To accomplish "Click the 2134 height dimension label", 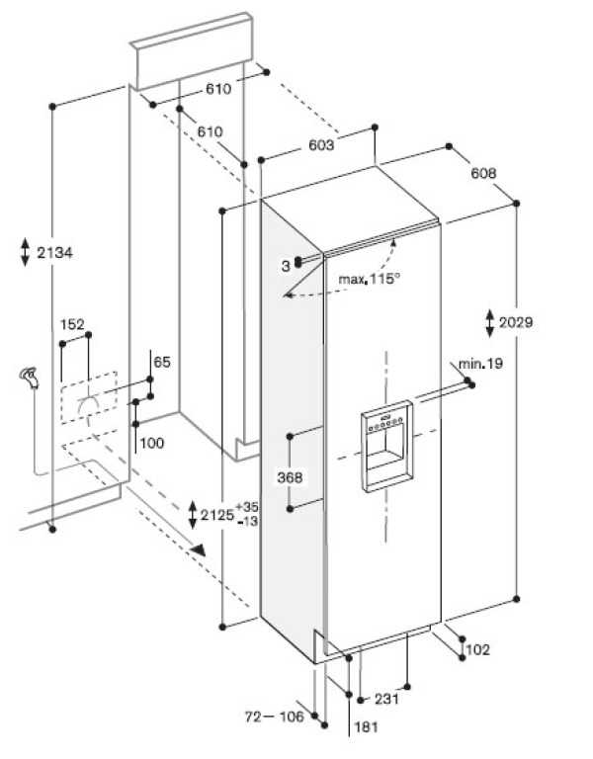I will [55, 252].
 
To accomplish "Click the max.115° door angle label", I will [370, 280].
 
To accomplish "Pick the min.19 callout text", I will [485, 364].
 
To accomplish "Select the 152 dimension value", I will [73, 324].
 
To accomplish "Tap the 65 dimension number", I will [162, 363].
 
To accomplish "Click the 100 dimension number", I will [151, 443].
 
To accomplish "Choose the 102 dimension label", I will [477, 650].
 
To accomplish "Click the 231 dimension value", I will [386, 699].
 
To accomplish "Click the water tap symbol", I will [30, 378].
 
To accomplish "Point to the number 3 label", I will [285, 265].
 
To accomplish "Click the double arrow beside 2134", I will [25, 251].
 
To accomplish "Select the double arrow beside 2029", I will [489, 322].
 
